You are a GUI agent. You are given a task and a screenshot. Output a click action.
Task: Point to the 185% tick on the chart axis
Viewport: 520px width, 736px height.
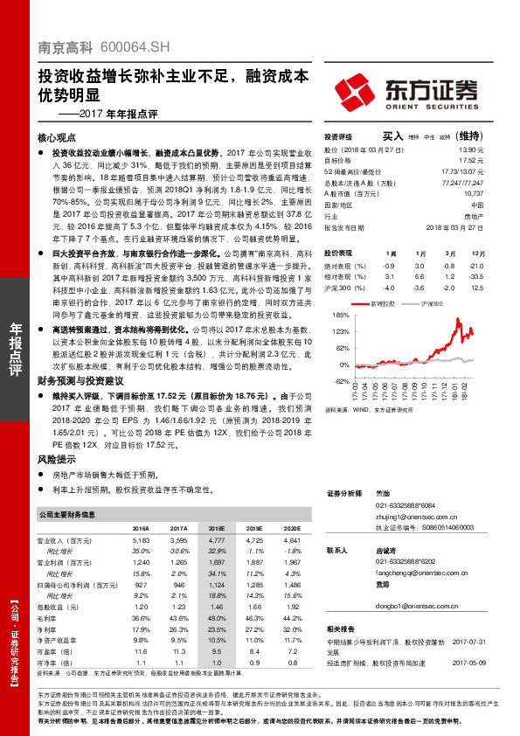pyautogui.click(x=339, y=312)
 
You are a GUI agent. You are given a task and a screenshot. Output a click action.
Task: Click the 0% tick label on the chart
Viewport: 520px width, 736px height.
pyautogui.click(x=343, y=365)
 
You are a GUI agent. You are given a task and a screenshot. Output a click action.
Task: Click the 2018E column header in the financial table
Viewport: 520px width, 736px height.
pyautogui.click(x=216, y=528)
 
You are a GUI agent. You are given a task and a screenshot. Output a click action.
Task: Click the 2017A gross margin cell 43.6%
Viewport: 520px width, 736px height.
pyautogui.click(x=179, y=619)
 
